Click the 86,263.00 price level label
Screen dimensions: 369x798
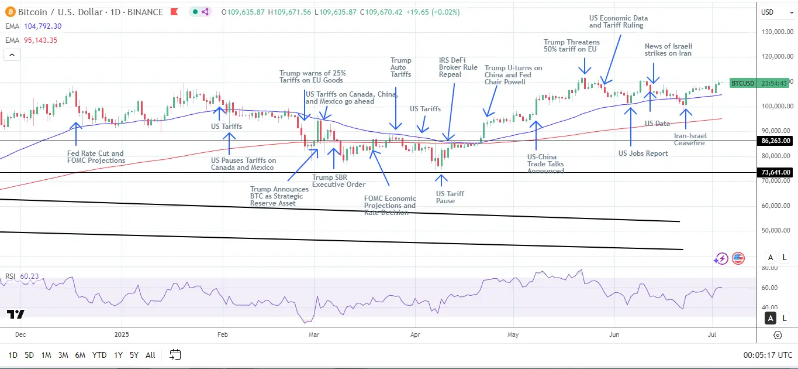click(775, 141)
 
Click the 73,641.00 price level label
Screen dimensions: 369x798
click(775, 172)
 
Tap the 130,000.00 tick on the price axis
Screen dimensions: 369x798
click(776, 32)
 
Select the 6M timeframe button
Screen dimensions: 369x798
click(80, 355)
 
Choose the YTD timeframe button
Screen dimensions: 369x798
click(99, 355)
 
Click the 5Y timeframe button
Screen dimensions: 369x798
click(134, 355)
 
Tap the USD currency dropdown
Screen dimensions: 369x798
click(775, 12)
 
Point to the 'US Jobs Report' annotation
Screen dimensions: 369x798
click(643, 153)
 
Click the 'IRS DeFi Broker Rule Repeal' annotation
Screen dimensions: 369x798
click(458, 67)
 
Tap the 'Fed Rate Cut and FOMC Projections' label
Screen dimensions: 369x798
click(96, 157)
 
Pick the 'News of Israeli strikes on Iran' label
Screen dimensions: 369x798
click(668, 50)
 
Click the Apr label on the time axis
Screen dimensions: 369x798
click(415, 335)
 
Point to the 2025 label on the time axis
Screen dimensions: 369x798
click(122, 335)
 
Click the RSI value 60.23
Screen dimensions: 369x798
click(29, 276)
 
